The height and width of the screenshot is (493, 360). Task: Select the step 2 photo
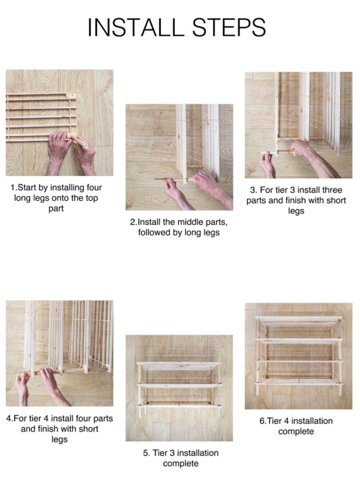[179, 157]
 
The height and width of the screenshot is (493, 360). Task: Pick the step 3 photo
[298, 125]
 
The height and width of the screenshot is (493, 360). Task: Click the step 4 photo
[59, 353]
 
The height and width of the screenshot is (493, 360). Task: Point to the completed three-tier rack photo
[179, 388]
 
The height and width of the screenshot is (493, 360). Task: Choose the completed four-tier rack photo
[298, 356]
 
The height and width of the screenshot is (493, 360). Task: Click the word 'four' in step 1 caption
[94, 187]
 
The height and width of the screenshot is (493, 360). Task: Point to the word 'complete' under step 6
[296, 431]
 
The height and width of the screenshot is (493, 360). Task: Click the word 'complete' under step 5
[180, 463]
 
